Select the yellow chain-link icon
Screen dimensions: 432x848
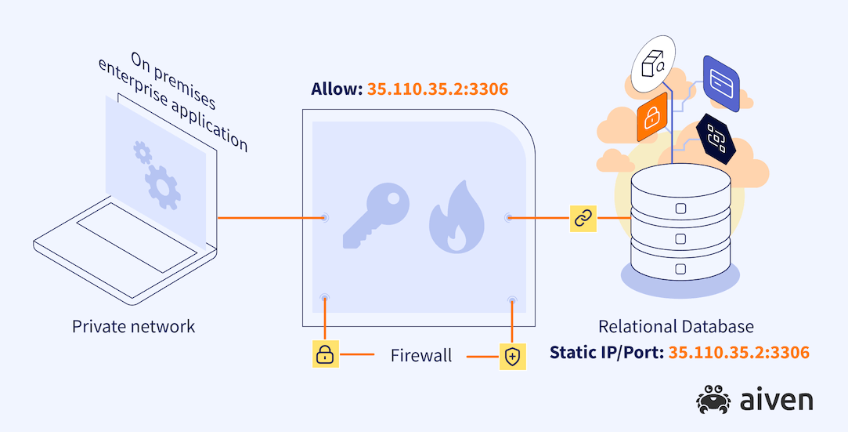582,219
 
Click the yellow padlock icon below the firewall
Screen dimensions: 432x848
324,355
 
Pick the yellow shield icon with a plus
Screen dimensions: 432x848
512,357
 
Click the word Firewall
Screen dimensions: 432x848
421,356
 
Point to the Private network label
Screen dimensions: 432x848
134,326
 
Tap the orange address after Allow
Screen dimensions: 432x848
438,89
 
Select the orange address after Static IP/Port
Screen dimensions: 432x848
738,352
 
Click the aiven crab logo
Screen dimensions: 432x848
713,399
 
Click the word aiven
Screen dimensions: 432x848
775,400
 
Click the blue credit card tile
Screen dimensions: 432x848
720,82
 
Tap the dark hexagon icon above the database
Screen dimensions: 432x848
717,136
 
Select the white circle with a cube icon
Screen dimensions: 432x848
653,61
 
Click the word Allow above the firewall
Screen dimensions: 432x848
336,89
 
